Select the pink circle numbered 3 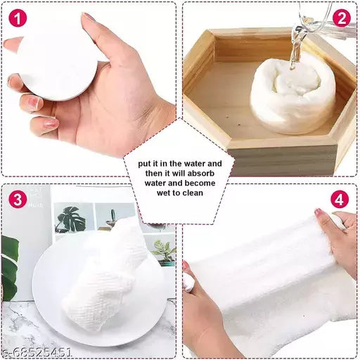click(x=18, y=200)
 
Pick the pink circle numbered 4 click(x=340, y=200)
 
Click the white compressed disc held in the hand click(x=56, y=60)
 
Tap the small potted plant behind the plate click(x=164, y=250)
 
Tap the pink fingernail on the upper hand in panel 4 click(x=319, y=212)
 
